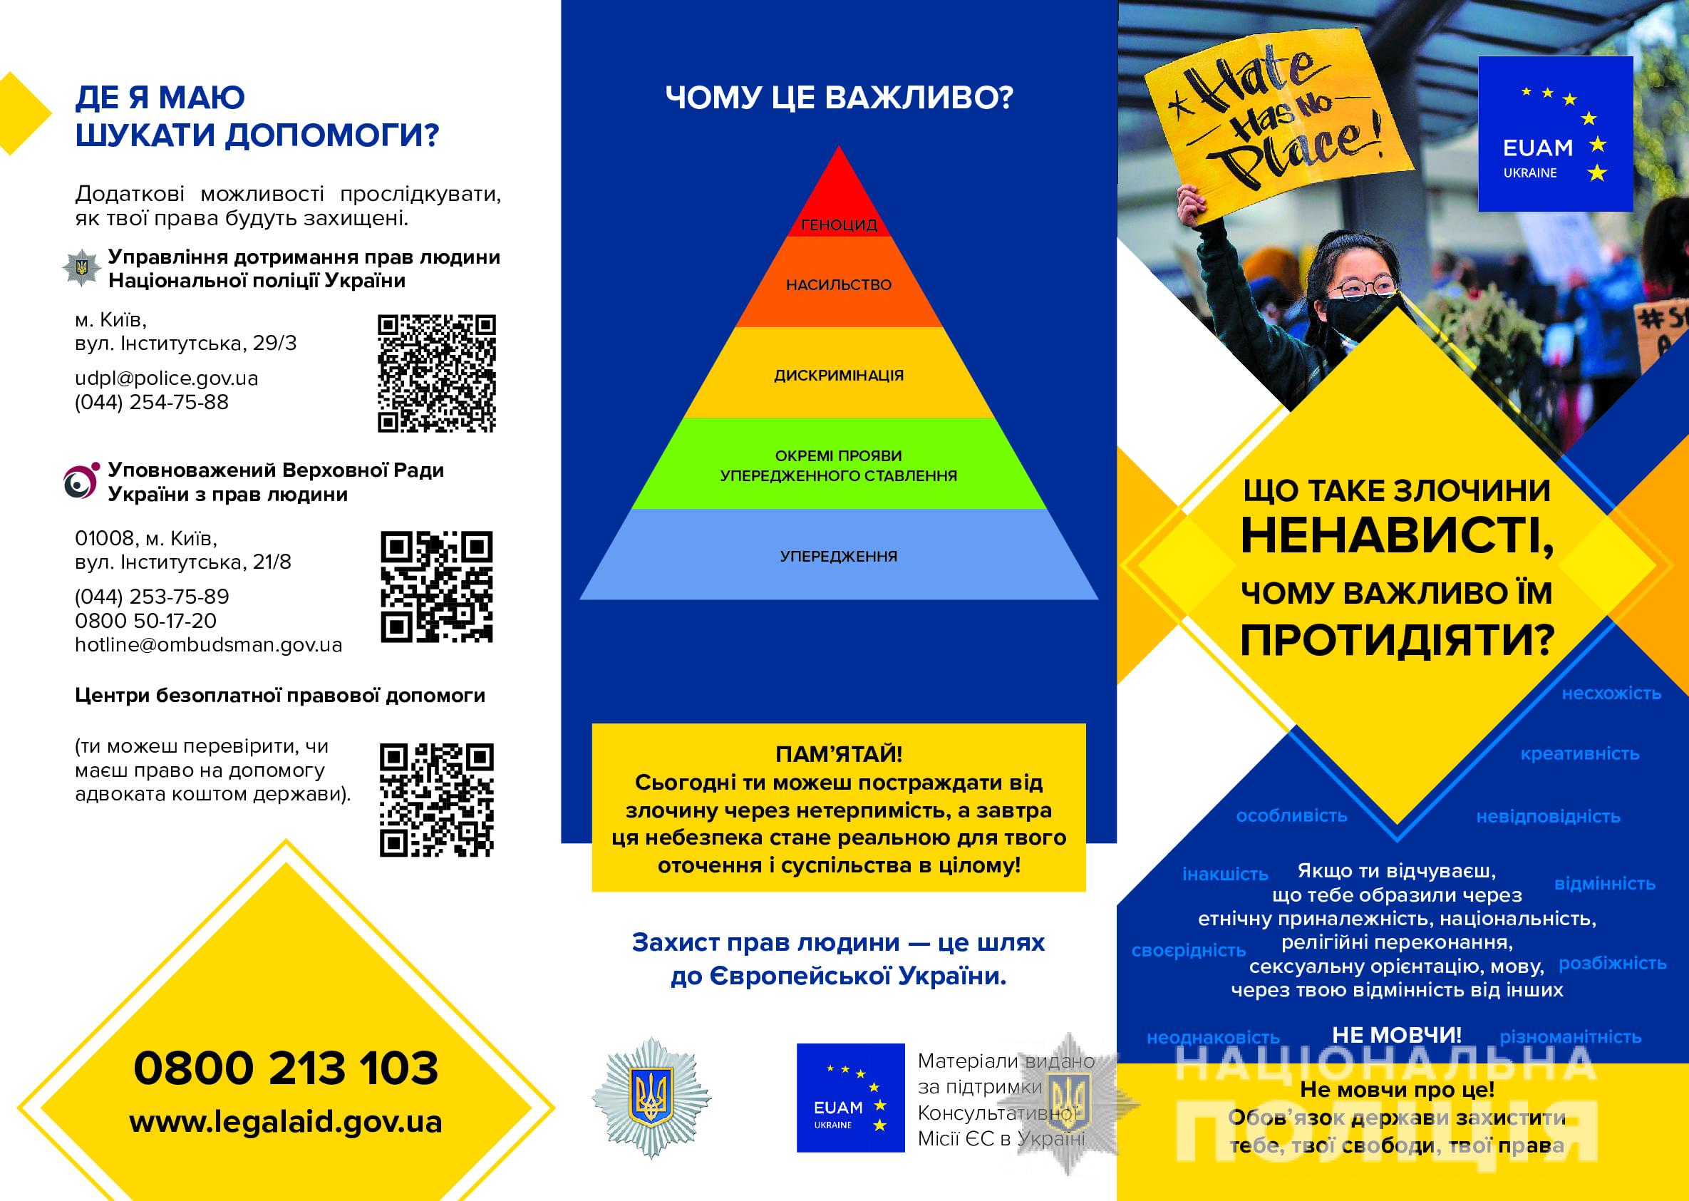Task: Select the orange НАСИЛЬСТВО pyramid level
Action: pyautogui.click(x=839, y=284)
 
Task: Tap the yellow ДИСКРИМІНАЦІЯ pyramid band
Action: pyautogui.click(x=839, y=374)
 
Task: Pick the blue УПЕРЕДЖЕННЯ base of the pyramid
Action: pyautogui.click(x=839, y=555)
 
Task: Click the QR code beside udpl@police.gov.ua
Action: pyautogui.click(x=436, y=373)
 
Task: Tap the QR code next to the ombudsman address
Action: pyautogui.click(x=436, y=587)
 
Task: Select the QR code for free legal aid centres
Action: pyautogui.click(x=436, y=800)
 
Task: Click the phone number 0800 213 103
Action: pyautogui.click(x=286, y=1068)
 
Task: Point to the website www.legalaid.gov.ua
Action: pyautogui.click(x=286, y=1122)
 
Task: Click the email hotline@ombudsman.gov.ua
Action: pyautogui.click(x=209, y=645)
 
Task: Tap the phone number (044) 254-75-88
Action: pyautogui.click(x=152, y=402)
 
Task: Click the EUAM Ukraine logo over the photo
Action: pyautogui.click(x=1555, y=134)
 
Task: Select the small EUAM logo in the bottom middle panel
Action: pyautogui.click(x=850, y=1098)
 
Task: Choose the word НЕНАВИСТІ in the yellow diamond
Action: pyautogui.click(x=1396, y=536)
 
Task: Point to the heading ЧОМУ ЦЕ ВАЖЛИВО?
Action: pyautogui.click(x=839, y=98)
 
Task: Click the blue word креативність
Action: pyautogui.click(x=1579, y=753)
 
